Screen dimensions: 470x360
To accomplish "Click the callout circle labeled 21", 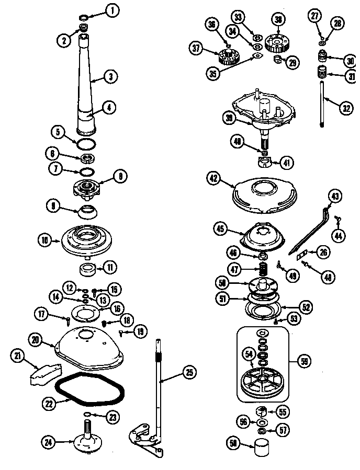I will click(x=18, y=357).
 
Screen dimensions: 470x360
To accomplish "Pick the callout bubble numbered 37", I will click(x=196, y=48).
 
